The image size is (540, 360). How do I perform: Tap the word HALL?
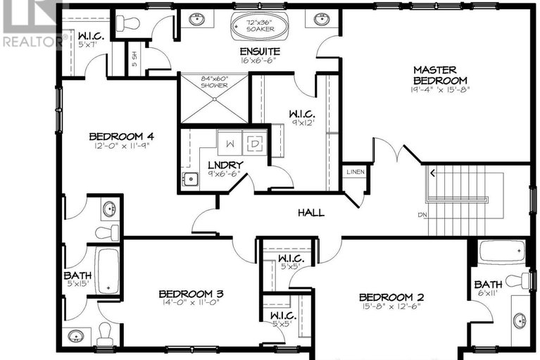pos(310,212)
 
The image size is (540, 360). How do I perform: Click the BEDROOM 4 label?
pos(121,136)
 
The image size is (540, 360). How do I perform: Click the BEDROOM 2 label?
pos(391,297)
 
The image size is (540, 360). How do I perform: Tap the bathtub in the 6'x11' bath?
pos(501,252)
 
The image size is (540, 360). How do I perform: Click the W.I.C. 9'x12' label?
pos(301,114)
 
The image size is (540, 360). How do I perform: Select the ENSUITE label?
pos(260,51)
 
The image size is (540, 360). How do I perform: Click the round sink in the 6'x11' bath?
pos(520,321)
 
